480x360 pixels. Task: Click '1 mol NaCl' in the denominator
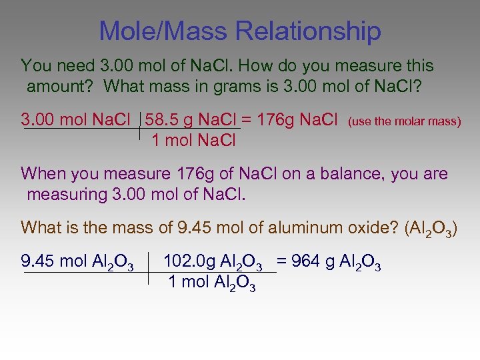pyautogui.click(x=194, y=141)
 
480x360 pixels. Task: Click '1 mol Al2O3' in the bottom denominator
pyautogui.click(x=212, y=283)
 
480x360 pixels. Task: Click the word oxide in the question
pyautogui.click(x=363, y=227)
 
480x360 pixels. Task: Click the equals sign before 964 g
pyautogui.click(x=283, y=261)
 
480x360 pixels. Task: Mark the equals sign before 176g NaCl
pyautogui.click(x=246, y=121)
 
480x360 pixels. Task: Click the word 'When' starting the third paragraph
pyautogui.click(x=41, y=175)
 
